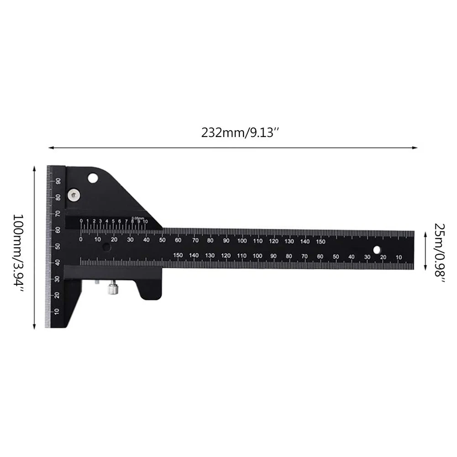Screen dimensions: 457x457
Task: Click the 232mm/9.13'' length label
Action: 240,133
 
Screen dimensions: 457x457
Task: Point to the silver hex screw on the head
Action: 73,195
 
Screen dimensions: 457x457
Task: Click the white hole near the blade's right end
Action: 377,250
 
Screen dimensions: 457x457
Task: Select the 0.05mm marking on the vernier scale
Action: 137,218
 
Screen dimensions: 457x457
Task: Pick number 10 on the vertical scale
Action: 57,312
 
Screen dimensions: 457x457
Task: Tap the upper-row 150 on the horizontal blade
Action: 320,242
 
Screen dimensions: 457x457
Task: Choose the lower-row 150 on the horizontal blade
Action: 178,256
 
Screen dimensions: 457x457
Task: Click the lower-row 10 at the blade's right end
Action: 399,257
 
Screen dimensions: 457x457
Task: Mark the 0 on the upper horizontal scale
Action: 81,239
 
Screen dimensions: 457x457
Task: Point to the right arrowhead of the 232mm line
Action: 416,147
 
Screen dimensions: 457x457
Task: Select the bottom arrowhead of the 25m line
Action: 425,267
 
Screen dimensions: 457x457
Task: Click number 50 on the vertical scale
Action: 58,247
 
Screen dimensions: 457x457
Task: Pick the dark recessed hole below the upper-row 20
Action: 106,247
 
